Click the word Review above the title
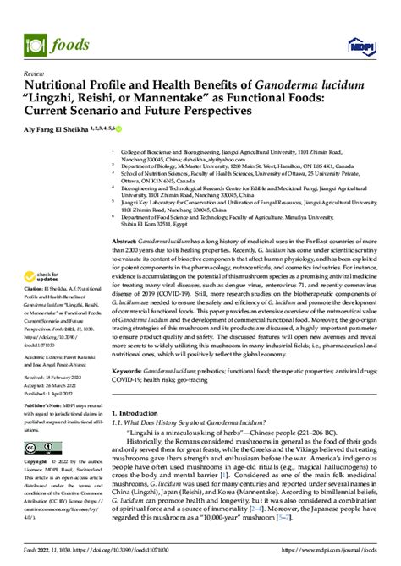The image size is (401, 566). (36, 73)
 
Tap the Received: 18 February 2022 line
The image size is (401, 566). (58, 379)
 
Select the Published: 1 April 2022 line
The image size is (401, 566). (57, 395)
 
